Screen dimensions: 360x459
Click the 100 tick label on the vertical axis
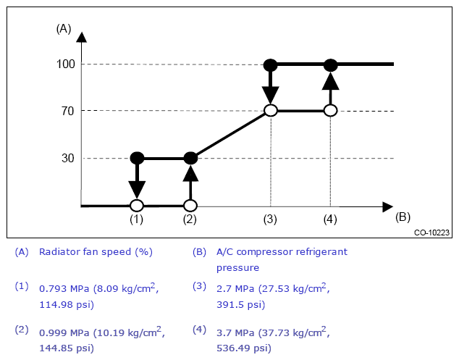pyautogui.click(x=66, y=64)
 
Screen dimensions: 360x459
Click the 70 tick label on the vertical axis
pyautogui.click(x=69, y=111)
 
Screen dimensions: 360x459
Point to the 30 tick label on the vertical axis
pyautogui.click(x=69, y=159)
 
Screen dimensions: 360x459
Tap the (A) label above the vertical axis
pyautogui.click(x=64, y=29)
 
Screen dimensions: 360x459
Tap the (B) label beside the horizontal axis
pyautogui.click(x=403, y=217)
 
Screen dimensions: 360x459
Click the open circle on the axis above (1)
pyautogui.click(x=137, y=206)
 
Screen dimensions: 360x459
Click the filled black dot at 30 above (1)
pyautogui.click(x=137, y=158)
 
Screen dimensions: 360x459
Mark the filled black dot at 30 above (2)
pyautogui.click(x=190, y=158)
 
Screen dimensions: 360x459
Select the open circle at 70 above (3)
pyautogui.click(x=270, y=110)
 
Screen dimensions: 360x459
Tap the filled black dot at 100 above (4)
pyautogui.click(x=330, y=64)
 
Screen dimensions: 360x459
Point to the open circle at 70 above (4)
pyautogui.click(x=330, y=110)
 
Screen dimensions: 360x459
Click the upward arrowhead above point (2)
pyautogui.click(x=190, y=173)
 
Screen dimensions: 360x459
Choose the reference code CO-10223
pyautogui.click(x=431, y=233)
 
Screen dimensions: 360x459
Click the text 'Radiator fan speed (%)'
pyautogui.click(x=96, y=252)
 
